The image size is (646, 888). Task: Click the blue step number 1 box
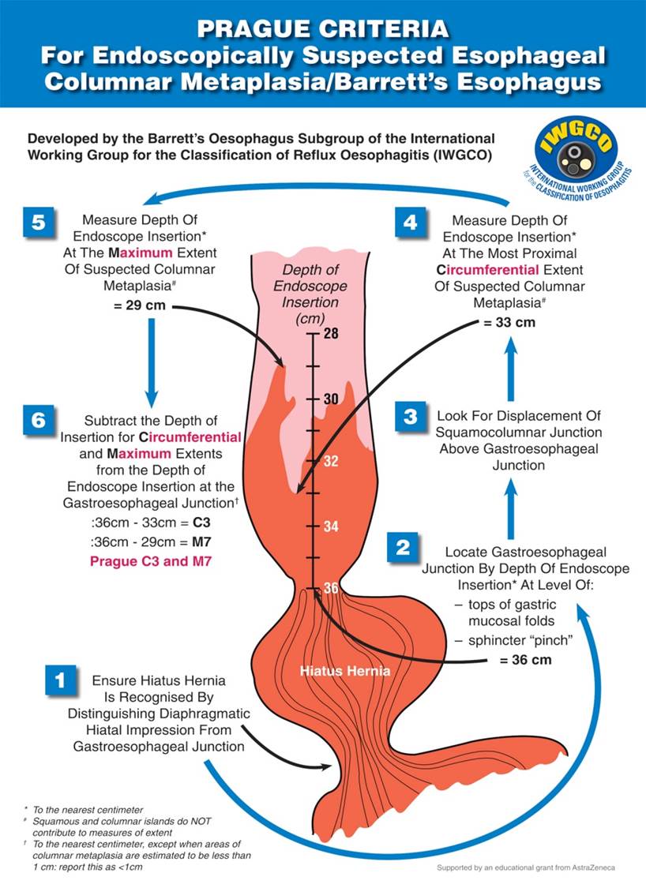pos(60,680)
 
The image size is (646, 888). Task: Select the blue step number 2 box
pos(403,548)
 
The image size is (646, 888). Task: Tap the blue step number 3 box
pos(411,416)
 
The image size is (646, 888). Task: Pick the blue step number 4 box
pos(411,222)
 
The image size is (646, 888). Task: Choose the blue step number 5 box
pos(39,222)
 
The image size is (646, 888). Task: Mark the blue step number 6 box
pos(39,420)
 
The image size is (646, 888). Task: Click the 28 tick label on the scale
pos(331,333)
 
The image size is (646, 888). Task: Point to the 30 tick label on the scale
pos(331,399)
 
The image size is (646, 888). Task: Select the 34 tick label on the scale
pos(331,526)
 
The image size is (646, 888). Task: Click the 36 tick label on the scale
pos(331,588)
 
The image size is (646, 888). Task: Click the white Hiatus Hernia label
pos(345,671)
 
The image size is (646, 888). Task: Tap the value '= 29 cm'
pos(140,305)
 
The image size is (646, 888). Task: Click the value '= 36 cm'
pos(525,660)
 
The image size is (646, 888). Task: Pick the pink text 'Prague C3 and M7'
pos(151,561)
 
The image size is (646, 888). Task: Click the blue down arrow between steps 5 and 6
pos(152,363)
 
